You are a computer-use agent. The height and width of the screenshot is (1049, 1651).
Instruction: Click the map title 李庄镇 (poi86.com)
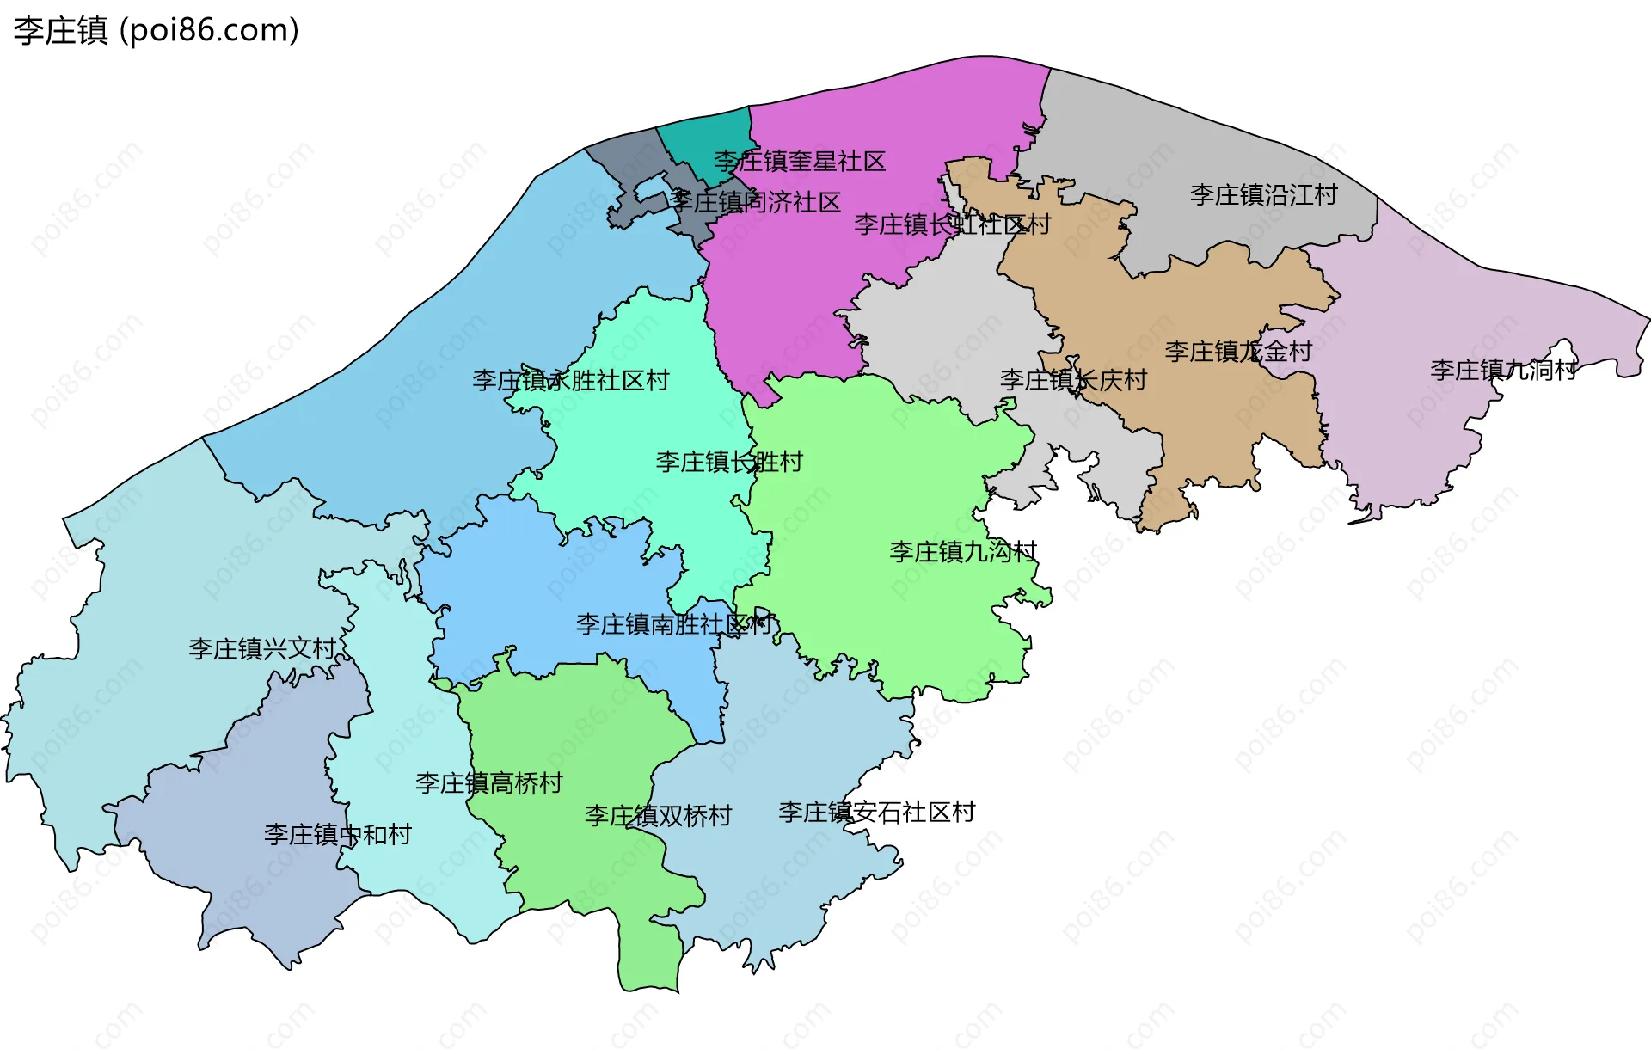(x=156, y=30)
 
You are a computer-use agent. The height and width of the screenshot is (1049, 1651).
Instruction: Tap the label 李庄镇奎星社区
(x=799, y=161)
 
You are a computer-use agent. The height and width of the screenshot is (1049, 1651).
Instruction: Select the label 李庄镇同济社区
(x=755, y=202)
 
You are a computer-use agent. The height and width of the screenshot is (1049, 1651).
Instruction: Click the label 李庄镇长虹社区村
(x=952, y=224)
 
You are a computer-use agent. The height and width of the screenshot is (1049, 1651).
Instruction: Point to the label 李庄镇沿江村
(x=1263, y=194)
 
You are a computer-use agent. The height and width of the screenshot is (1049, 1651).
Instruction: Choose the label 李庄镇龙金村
(x=1238, y=351)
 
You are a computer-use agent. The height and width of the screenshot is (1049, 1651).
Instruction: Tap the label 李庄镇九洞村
(x=1503, y=370)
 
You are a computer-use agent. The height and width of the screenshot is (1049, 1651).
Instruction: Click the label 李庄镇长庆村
(x=1073, y=379)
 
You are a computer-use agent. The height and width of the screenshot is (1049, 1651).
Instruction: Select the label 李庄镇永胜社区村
(x=570, y=380)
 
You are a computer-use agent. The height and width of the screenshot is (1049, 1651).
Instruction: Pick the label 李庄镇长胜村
(x=729, y=462)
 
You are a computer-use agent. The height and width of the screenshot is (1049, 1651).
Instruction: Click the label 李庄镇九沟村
(x=963, y=551)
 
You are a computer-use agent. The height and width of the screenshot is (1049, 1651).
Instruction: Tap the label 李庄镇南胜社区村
(x=674, y=624)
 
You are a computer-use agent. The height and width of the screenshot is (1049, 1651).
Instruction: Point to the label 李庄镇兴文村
(x=262, y=648)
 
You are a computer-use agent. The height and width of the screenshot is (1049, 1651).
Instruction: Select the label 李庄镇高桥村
(x=488, y=782)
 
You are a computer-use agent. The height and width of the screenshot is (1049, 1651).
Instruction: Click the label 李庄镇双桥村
(x=658, y=815)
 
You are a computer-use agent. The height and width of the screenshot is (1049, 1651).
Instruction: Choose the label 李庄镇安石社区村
(x=876, y=812)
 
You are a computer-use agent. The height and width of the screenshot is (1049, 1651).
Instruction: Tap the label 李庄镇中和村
(x=338, y=834)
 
